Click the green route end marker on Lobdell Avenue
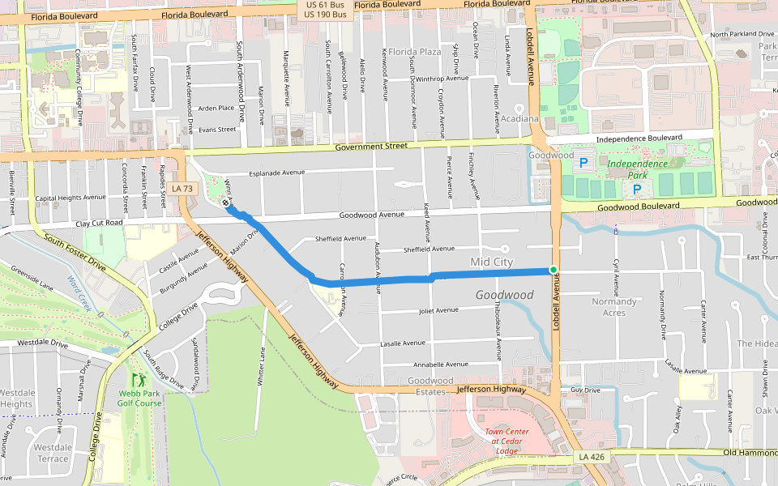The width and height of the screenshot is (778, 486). (x=553, y=270)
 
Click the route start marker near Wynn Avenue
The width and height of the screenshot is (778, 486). (x=225, y=203)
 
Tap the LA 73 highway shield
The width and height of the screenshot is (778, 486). (x=182, y=189)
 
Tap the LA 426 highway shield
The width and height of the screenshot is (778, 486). (x=591, y=458)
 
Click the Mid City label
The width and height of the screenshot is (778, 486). (x=492, y=262)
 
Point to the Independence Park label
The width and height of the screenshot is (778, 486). (x=638, y=164)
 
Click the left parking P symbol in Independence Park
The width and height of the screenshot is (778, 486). (x=583, y=164)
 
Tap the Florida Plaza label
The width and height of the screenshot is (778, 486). (x=414, y=52)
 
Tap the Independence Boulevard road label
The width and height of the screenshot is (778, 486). (x=639, y=139)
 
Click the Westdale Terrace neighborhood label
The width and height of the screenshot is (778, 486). (x=52, y=453)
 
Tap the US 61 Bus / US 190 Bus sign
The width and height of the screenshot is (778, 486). (x=325, y=10)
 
